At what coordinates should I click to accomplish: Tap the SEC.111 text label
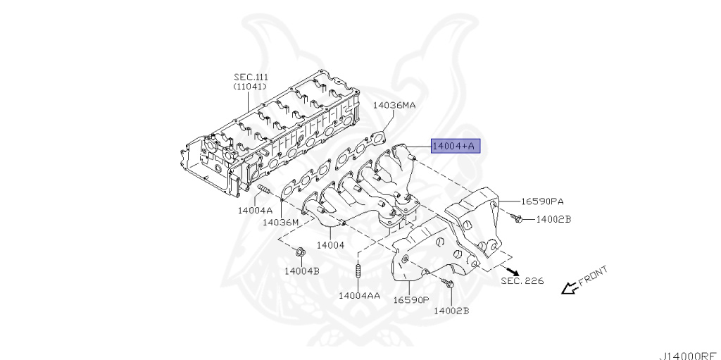pos(251,77)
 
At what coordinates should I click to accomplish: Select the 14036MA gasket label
pos(394,105)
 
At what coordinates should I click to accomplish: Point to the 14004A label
pos(255,210)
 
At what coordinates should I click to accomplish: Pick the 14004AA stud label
pos(359,295)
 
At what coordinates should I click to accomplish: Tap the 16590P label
pos(410,299)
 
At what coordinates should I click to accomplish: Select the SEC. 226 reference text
pos(522,281)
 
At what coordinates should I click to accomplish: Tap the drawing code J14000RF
pos(689,354)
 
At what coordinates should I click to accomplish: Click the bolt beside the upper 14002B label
pos(518,220)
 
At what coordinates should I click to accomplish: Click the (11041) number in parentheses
pos(251,86)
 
